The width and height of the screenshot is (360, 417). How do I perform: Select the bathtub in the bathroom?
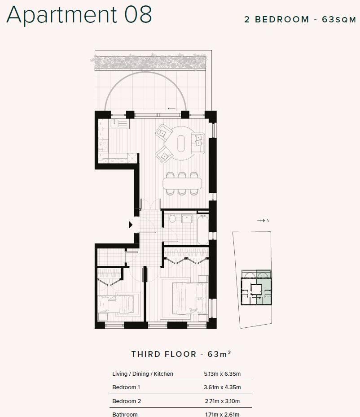pos(202,230)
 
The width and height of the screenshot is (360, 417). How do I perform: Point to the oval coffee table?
pos(181,143)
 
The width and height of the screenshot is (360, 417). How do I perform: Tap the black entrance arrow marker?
pos(131,225)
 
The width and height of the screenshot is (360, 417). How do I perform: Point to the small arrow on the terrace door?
pos(171,109)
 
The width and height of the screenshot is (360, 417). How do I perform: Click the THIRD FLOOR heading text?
pos(163,354)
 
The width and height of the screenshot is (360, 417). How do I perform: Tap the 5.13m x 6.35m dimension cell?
pos(223,374)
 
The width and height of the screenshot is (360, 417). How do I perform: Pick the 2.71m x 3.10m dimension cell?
pos(223,401)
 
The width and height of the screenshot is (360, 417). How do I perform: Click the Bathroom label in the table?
pos(125,414)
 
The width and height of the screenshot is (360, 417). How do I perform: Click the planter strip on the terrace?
pos(149,62)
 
